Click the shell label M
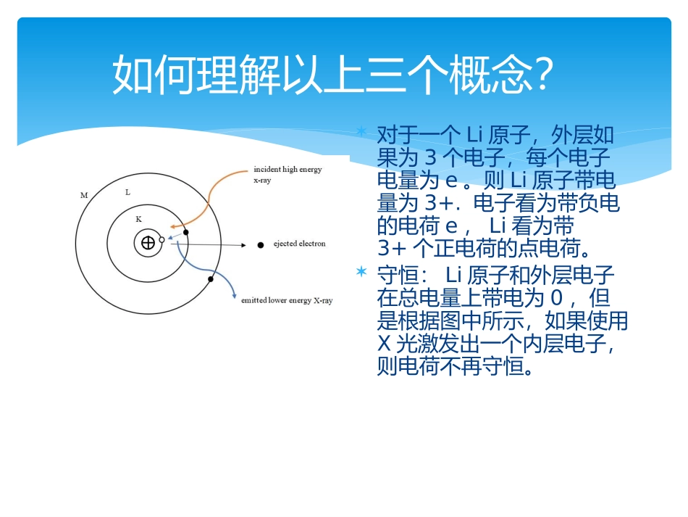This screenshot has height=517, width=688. click(84, 196)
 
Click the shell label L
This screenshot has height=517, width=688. click(127, 192)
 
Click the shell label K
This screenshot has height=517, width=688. click(139, 218)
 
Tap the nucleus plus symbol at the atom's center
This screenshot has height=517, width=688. click(148, 243)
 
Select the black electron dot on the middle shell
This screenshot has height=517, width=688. click(185, 232)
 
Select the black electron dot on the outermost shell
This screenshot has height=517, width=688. click(211, 279)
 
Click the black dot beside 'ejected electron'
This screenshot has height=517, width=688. click(260, 245)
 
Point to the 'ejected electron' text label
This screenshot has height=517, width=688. click(299, 244)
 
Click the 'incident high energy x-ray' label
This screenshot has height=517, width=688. click(287, 175)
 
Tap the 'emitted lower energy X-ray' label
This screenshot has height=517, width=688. click(286, 300)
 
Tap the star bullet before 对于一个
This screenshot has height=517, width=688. click(361, 132)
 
